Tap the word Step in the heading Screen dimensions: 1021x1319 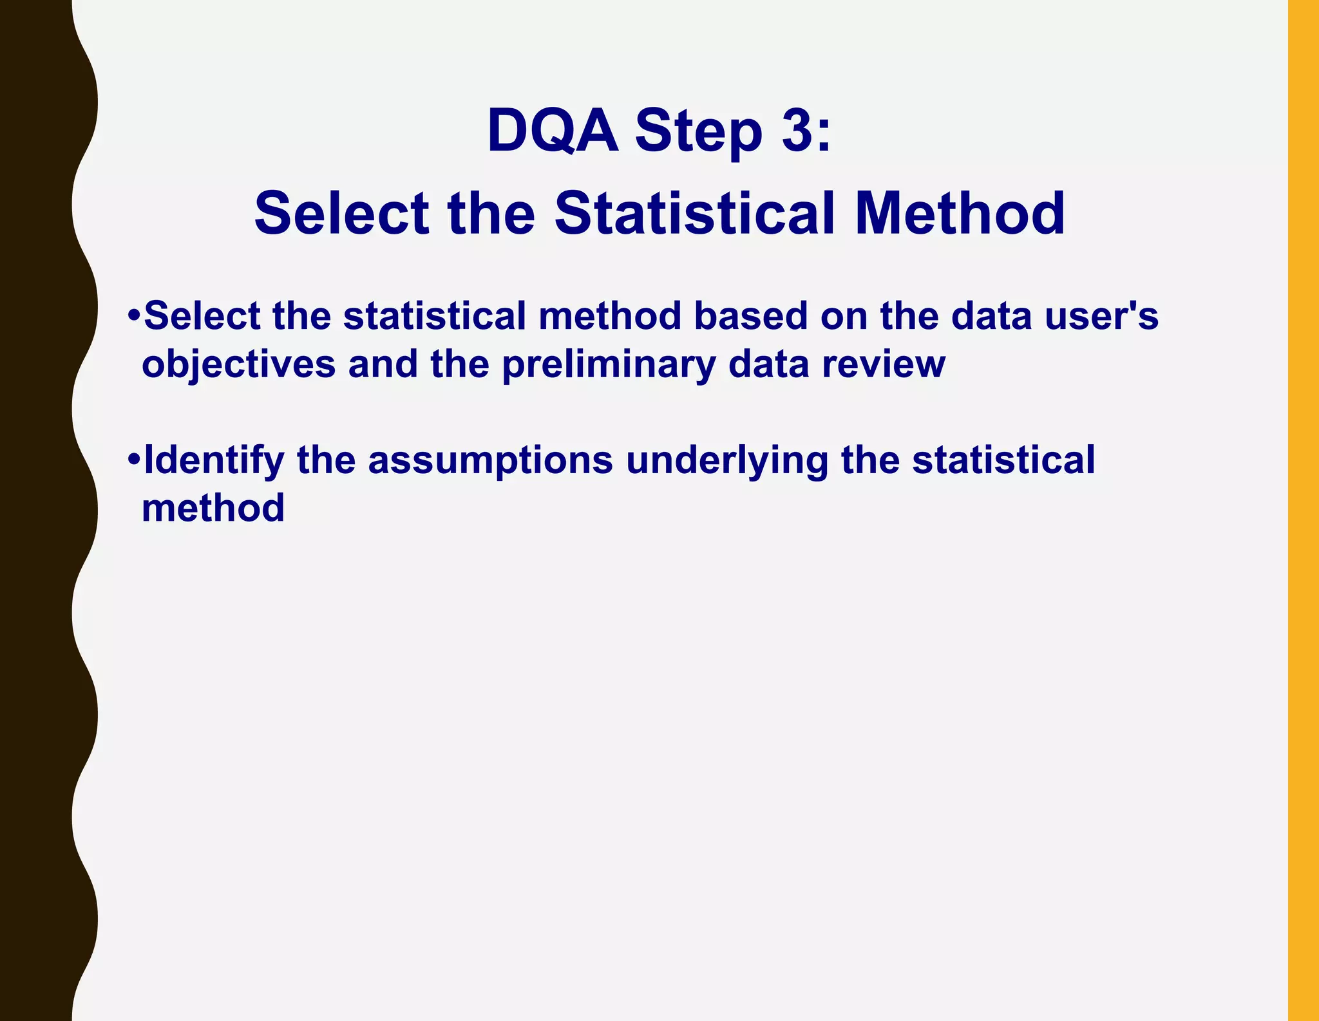click(x=698, y=132)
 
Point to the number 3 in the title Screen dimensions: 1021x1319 click(x=798, y=131)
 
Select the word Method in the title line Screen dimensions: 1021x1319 click(x=960, y=213)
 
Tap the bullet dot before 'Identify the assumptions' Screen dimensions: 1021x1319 click(x=134, y=460)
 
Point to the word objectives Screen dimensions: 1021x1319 click(x=238, y=364)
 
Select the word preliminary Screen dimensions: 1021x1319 click(x=609, y=364)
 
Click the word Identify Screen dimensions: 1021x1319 click(x=214, y=461)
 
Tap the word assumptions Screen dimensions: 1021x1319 click(x=490, y=461)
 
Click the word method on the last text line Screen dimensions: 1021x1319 click(x=213, y=508)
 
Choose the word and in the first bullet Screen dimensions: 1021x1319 click(x=383, y=364)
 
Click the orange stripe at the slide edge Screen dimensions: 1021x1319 click(x=1303, y=510)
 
